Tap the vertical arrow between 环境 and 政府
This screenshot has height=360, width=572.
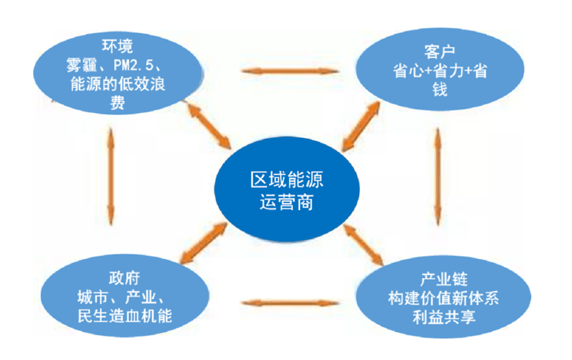(x=111, y=175)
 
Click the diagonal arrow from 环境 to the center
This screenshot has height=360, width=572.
(x=210, y=125)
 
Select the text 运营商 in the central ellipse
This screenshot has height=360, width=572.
(x=287, y=202)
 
